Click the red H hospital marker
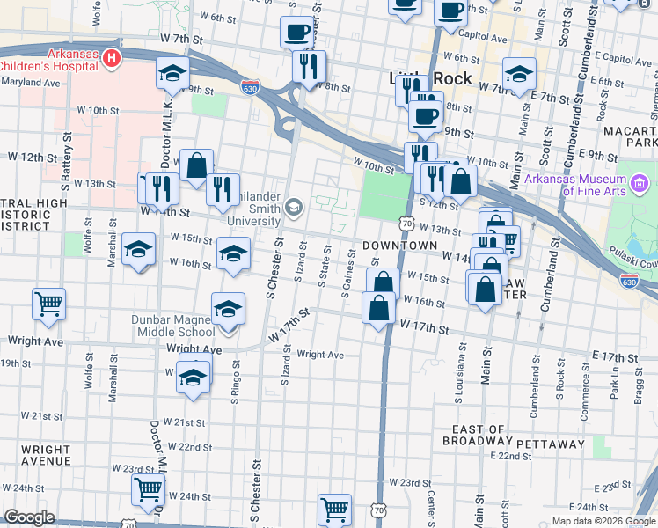click(112, 59)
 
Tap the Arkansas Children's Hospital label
click(48, 59)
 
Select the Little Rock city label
click(430, 78)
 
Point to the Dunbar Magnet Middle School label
click(175, 326)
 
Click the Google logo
click(29, 517)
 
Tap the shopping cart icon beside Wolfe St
click(49, 304)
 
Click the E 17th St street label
click(614, 357)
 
